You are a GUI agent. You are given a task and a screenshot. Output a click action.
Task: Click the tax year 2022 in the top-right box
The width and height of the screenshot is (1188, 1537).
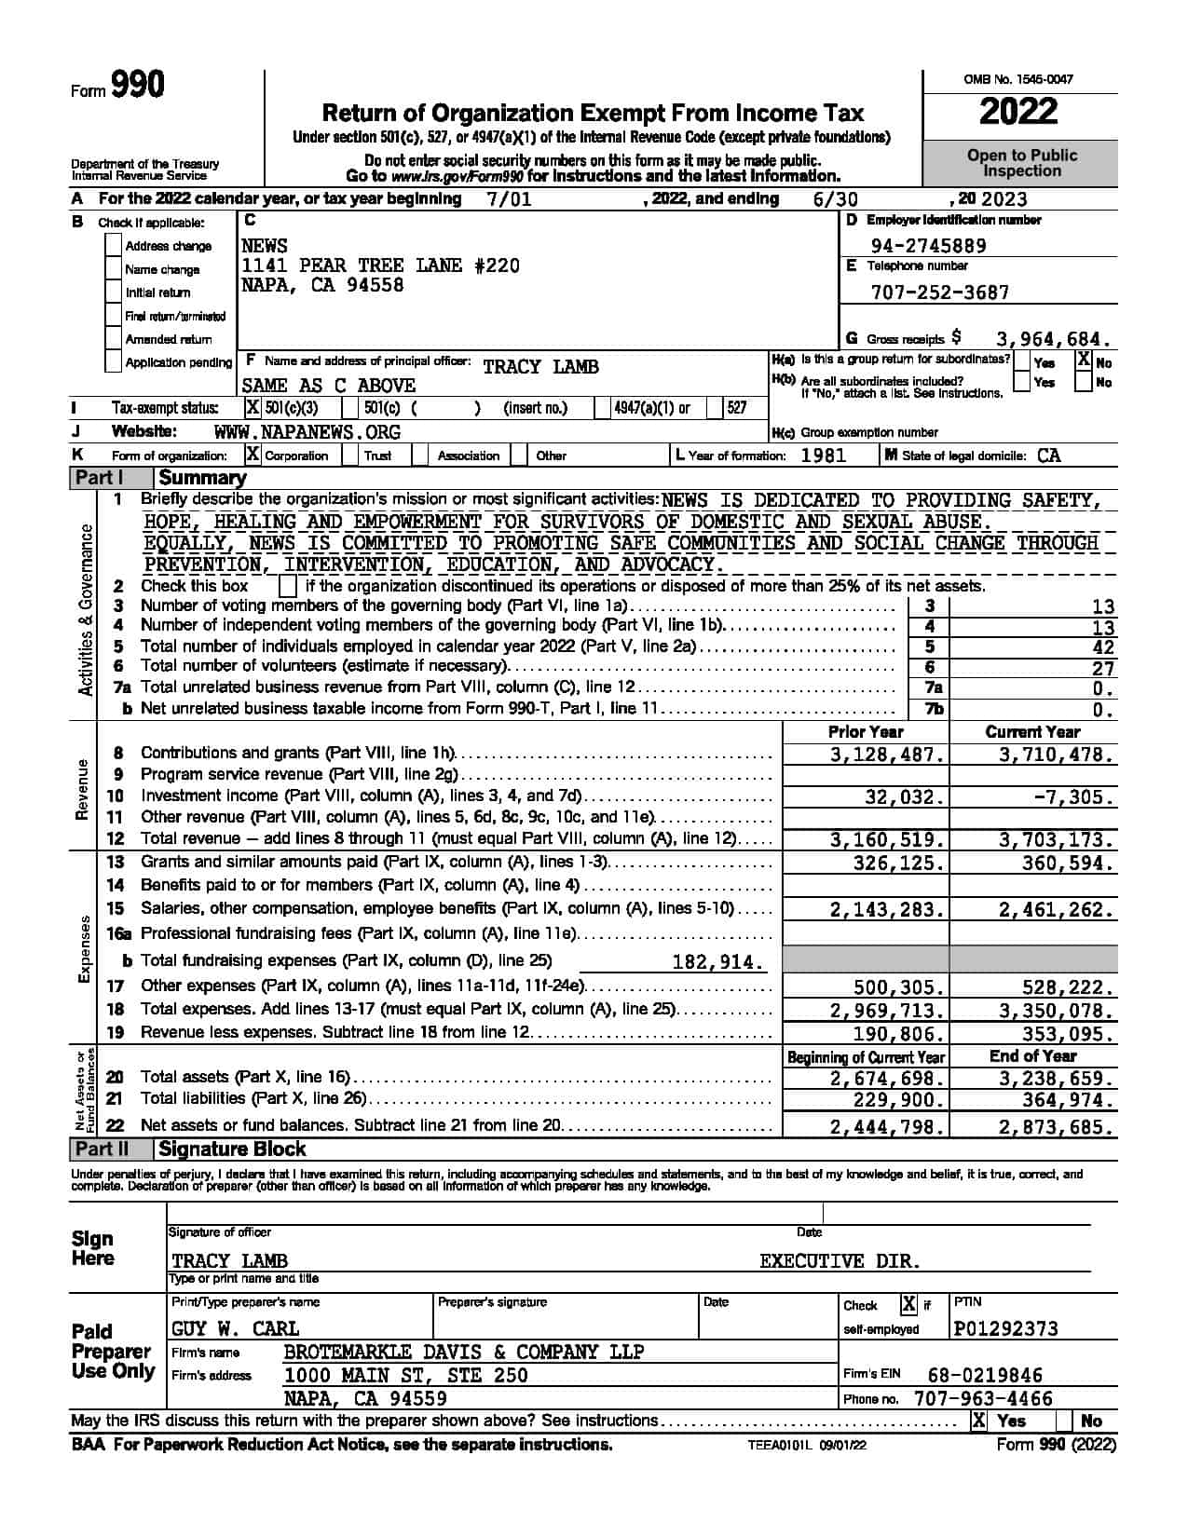point(1018,113)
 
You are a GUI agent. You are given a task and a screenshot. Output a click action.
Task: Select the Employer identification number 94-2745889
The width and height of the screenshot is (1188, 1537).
point(928,246)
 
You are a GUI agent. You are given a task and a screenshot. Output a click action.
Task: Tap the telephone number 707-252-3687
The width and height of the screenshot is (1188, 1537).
point(939,292)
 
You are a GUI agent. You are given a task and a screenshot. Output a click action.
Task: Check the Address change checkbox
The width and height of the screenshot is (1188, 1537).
point(114,246)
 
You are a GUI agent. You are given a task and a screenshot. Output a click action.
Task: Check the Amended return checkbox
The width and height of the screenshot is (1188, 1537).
point(114,339)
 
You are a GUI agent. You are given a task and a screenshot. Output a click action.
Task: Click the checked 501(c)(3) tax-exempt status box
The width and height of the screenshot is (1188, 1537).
point(253,408)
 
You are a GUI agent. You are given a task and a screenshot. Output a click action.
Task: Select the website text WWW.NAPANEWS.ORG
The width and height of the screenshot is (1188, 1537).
point(307,432)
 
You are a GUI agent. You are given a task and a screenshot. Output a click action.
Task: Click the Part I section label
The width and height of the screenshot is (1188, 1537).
point(100,478)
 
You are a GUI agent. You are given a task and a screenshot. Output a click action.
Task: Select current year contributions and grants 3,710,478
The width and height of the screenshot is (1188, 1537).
point(1056,755)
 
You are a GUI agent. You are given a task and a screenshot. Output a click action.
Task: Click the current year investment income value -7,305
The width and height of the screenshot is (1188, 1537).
point(1072,797)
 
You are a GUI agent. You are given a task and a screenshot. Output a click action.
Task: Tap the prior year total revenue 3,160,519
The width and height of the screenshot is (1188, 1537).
point(887,839)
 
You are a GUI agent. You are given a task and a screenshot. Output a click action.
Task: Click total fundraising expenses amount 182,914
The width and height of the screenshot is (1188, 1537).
point(718,962)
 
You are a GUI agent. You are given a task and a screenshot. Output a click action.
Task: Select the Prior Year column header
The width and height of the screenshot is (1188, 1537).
point(866,732)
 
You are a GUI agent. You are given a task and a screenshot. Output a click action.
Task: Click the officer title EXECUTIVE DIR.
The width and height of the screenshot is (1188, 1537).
point(840,1261)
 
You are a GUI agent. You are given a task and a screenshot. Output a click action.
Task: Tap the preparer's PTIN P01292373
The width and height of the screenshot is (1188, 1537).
point(1006,1328)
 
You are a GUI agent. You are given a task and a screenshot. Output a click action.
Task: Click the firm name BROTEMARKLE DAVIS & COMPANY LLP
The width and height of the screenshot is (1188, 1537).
point(463,1352)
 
